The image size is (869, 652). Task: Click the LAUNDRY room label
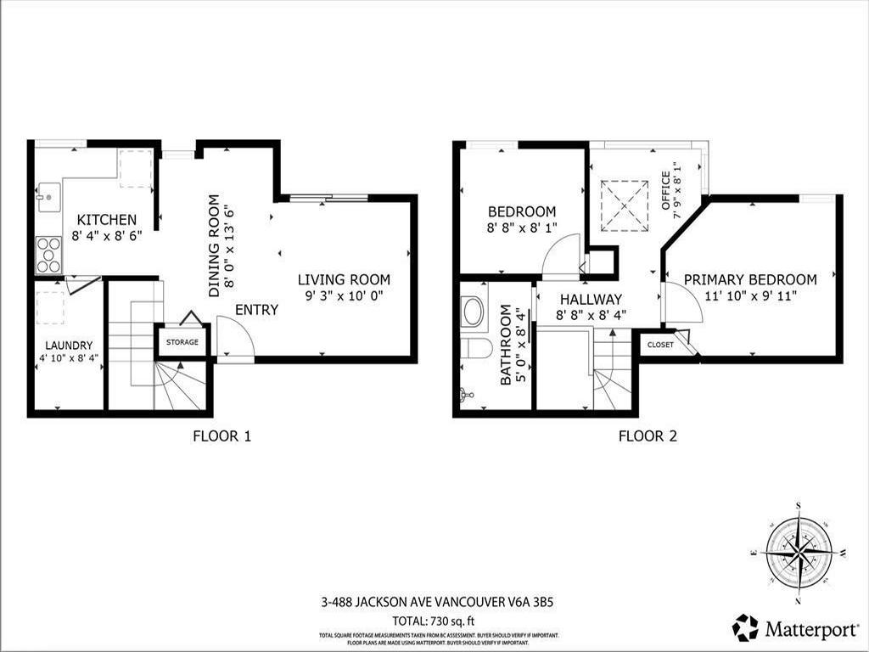tap(69, 346)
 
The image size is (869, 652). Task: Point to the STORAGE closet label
tap(182, 342)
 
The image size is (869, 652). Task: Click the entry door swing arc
tap(234, 335)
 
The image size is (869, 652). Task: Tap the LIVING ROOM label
tap(344, 279)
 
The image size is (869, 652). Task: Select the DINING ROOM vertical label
tap(214, 246)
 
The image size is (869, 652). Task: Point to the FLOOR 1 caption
tap(221, 437)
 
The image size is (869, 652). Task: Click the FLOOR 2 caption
tap(648, 437)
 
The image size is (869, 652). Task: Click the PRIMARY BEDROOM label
tap(750, 279)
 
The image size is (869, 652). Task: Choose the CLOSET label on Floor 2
tap(660, 345)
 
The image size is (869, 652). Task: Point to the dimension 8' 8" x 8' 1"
tap(522, 228)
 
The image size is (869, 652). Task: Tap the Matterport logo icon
tap(746, 627)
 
